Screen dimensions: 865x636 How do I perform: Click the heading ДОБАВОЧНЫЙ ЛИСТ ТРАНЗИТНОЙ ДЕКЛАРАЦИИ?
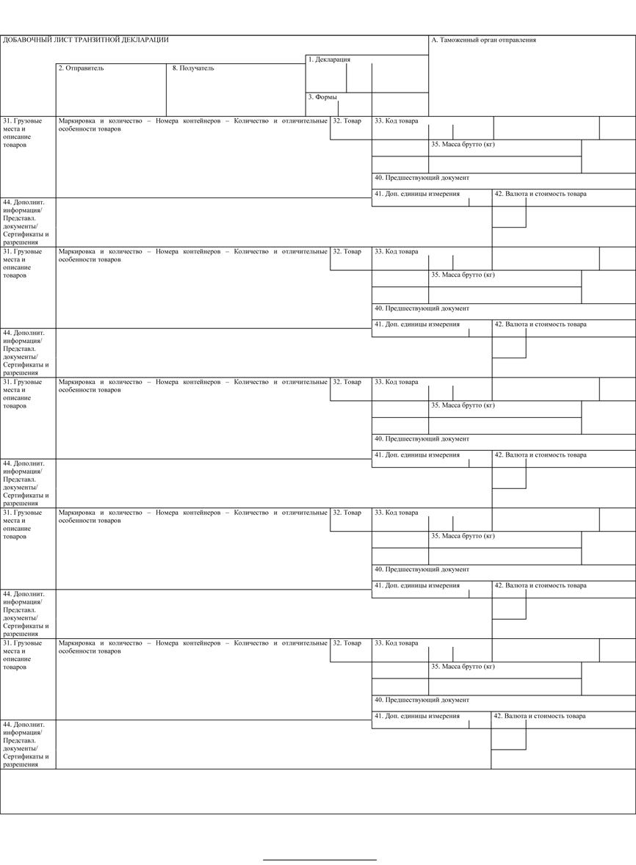(x=85, y=40)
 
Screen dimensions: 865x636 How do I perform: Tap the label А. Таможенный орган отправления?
(x=483, y=40)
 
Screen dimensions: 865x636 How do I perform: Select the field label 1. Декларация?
(x=329, y=59)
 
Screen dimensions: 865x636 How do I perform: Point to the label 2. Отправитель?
(x=81, y=68)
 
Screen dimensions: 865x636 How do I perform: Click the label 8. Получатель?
(x=193, y=68)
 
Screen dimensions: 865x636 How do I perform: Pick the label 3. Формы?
(x=322, y=97)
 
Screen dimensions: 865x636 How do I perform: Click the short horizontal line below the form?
(x=319, y=859)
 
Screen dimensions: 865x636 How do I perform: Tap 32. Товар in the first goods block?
(x=347, y=121)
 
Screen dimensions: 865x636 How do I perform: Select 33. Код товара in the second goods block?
(x=396, y=252)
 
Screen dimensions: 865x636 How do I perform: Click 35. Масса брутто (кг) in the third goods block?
(x=463, y=405)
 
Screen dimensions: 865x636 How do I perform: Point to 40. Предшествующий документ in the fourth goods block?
(x=422, y=569)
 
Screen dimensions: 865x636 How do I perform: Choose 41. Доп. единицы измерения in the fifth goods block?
(x=417, y=716)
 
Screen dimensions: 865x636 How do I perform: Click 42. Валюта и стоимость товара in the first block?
(x=540, y=195)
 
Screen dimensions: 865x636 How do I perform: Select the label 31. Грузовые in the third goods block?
(x=22, y=382)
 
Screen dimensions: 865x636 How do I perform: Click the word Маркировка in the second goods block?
(x=76, y=251)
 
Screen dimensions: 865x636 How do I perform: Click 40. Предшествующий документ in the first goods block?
(x=422, y=178)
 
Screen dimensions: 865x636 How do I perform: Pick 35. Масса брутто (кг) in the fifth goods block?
(x=463, y=667)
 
